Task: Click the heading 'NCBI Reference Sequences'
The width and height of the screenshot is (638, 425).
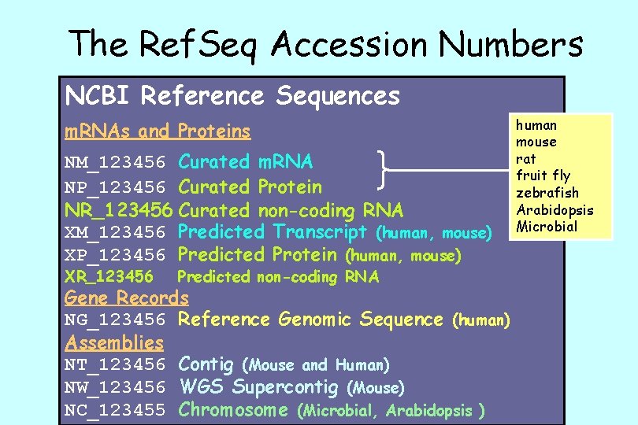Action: pos(232,96)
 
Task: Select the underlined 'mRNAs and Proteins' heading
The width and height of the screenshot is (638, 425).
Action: pos(158,131)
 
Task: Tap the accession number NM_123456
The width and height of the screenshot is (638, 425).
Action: pos(115,163)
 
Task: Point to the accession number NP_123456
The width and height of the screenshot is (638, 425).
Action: pos(115,187)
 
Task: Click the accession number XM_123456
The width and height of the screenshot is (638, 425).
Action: pos(115,233)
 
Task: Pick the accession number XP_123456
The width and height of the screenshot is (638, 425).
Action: pos(115,255)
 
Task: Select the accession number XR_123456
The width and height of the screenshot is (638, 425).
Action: pos(109,277)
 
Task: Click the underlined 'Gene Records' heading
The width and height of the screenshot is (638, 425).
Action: pos(127,297)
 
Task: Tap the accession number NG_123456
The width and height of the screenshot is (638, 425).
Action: pos(115,320)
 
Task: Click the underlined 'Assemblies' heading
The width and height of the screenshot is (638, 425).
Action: pos(114,342)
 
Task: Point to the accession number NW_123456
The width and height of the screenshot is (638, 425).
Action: pos(115,388)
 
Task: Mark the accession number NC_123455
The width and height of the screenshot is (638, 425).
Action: pos(115,410)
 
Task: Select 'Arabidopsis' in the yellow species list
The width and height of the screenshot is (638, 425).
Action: pos(555,210)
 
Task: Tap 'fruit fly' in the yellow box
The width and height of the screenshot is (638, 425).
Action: pos(543,176)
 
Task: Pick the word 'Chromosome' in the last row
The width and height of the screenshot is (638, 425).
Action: pos(234,410)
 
